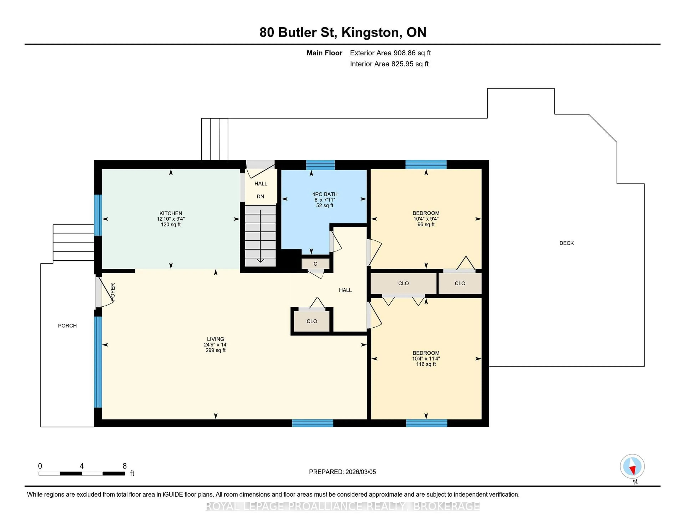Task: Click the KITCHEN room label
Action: click(171, 213)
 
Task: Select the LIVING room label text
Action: click(215, 339)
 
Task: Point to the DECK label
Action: click(566, 243)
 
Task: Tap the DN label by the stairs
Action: click(260, 196)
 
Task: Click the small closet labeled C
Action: click(316, 264)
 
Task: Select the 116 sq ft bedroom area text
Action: click(426, 364)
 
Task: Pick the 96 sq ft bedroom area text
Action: click(426, 224)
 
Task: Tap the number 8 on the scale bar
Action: click(125, 466)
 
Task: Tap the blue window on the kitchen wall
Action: click(98, 215)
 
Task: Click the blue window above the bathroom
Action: click(320, 165)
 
